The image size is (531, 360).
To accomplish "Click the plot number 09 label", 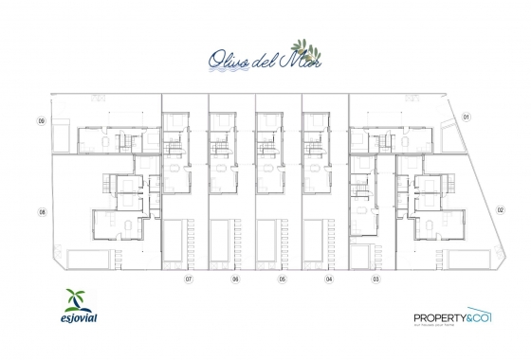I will tap(42, 121).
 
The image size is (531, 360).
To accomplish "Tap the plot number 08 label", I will tap(42, 212).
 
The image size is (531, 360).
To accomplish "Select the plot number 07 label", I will tap(189, 280).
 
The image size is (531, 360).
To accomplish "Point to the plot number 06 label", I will tap(234, 280).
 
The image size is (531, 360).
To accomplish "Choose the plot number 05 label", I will tap(282, 280).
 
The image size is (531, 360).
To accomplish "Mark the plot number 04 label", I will tap(328, 280).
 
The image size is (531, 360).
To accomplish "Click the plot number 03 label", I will tap(375, 280).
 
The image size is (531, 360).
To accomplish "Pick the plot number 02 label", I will tap(500, 209).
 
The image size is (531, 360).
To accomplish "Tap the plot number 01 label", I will tap(467, 117).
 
